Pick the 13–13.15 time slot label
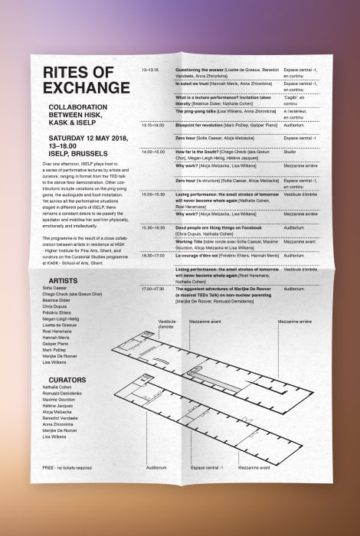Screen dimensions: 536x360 150,70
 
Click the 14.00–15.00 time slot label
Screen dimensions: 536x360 153,152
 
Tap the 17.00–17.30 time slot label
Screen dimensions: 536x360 153,289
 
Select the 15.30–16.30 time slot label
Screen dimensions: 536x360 153,227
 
